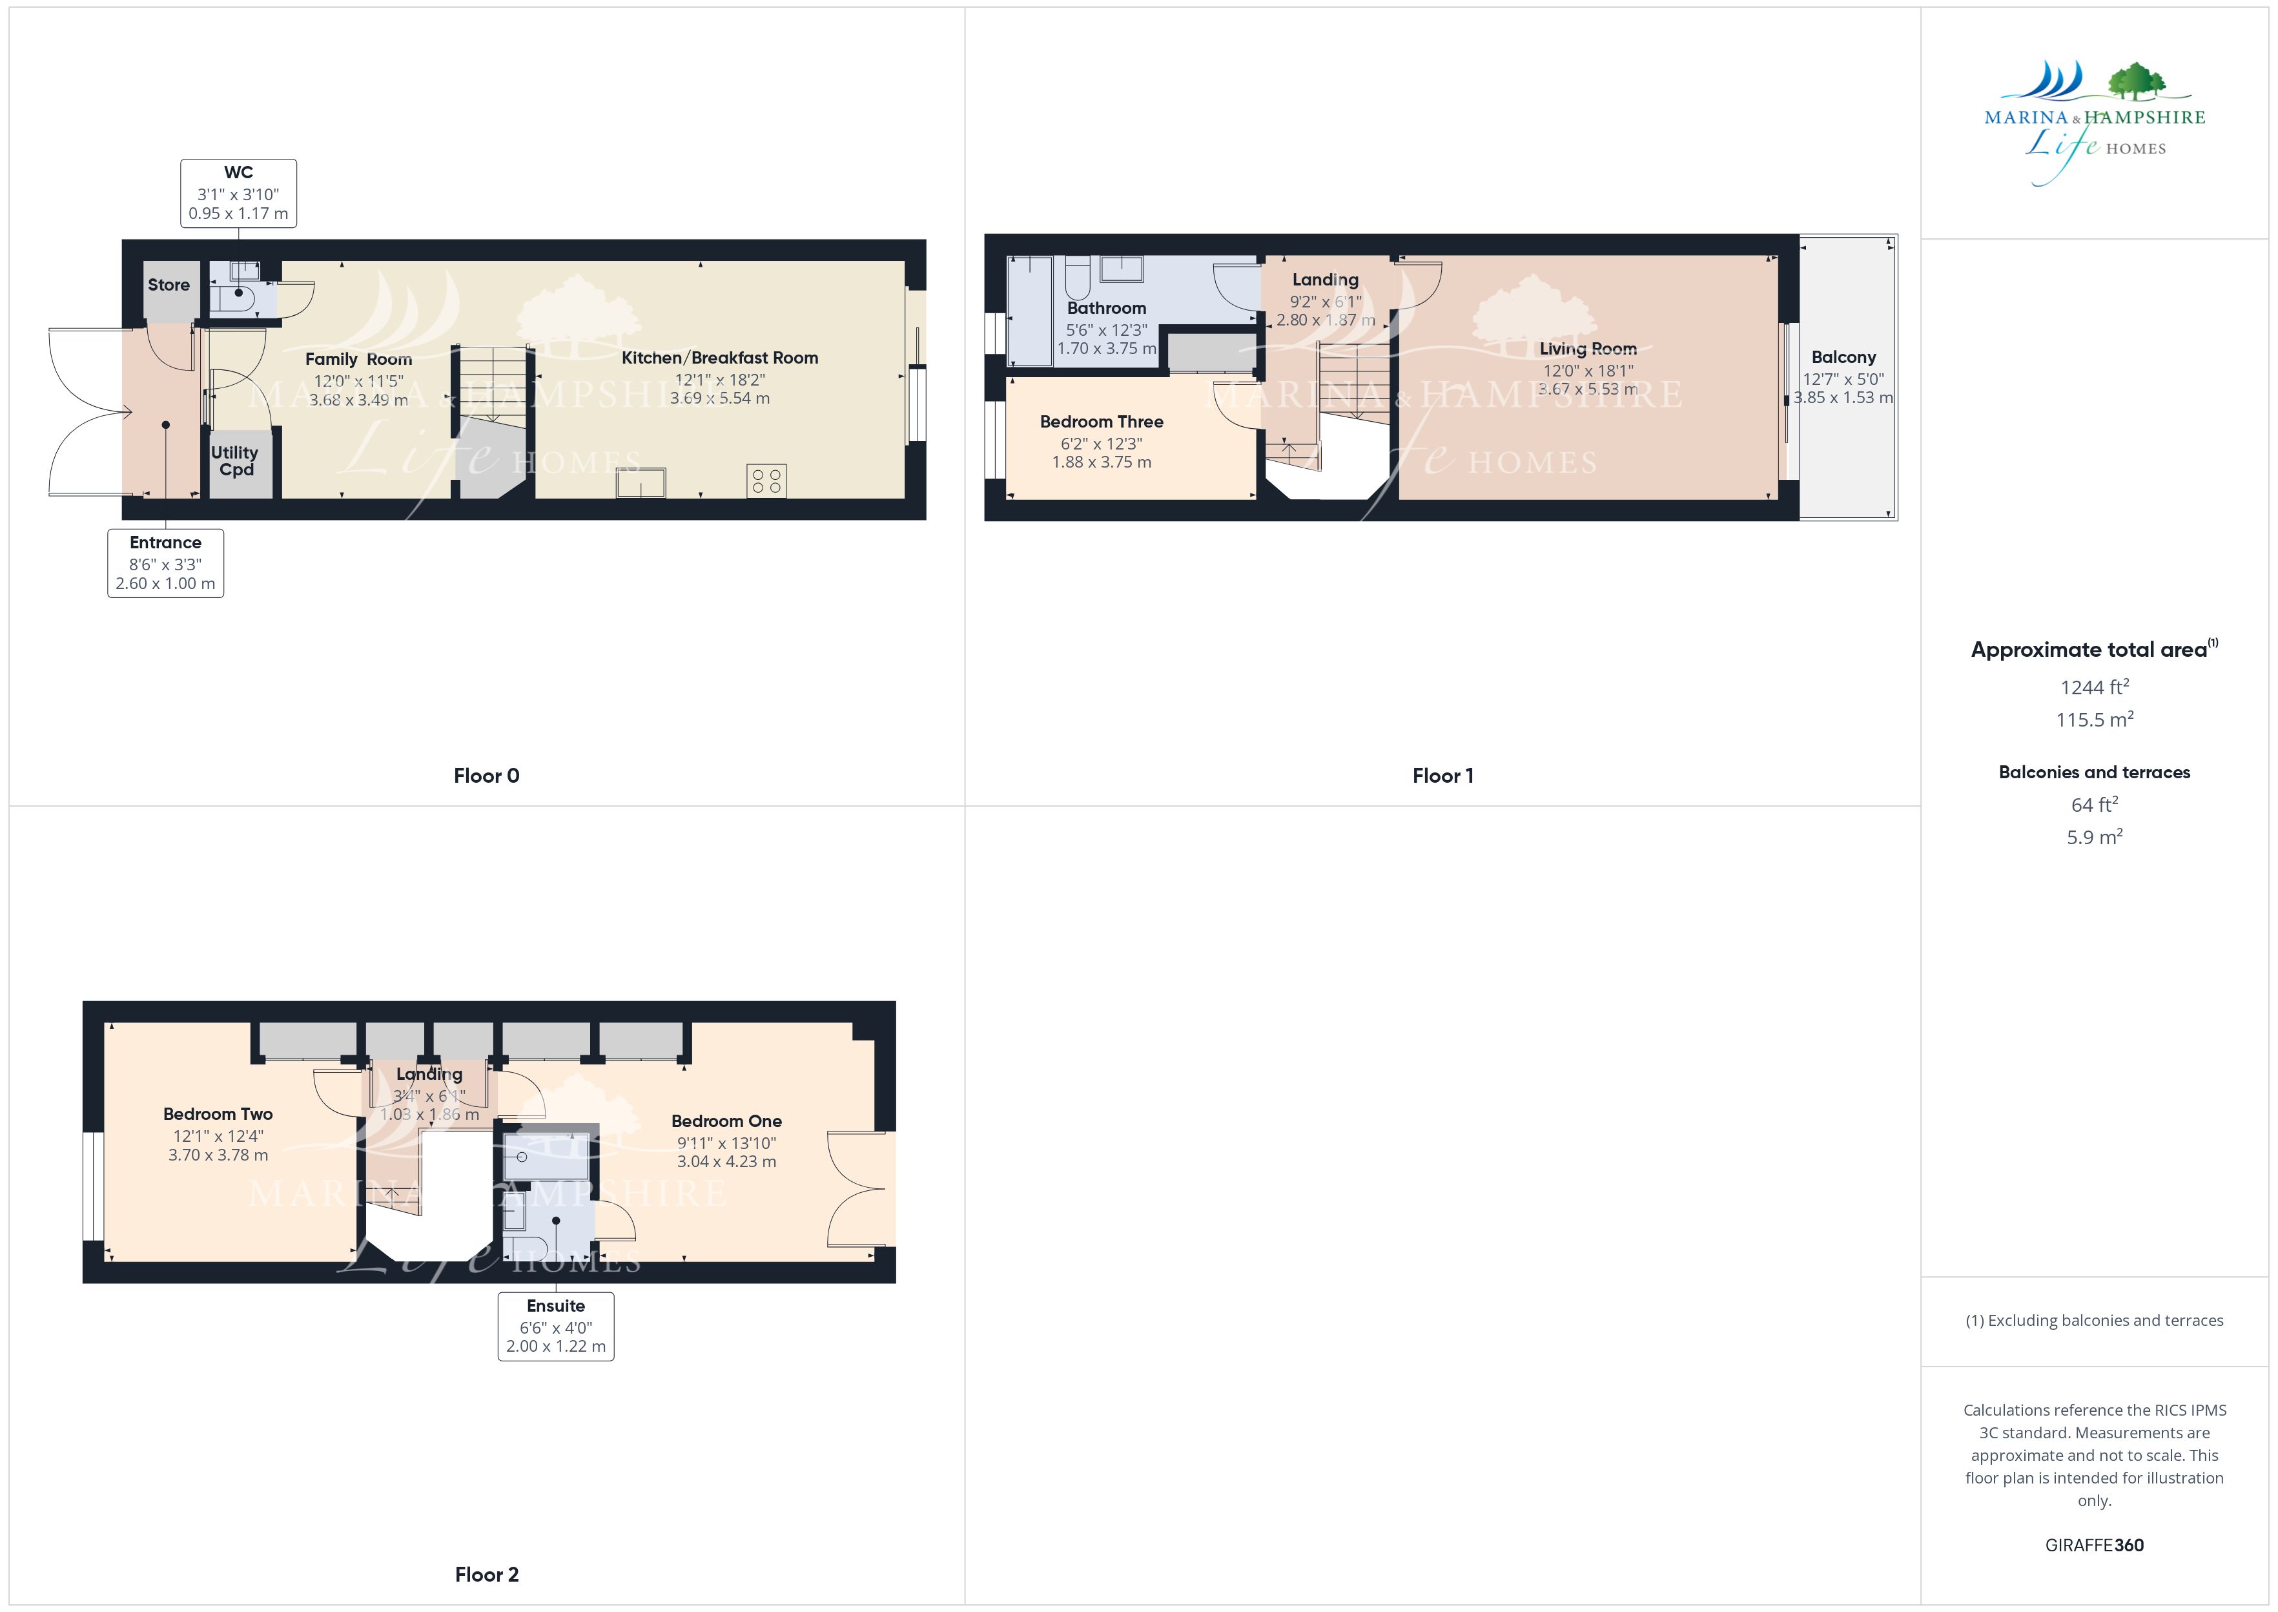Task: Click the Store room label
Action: [x=169, y=285]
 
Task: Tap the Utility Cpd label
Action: [x=235, y=460]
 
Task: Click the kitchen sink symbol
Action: [x=642, y=483]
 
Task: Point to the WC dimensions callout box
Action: [x=238, y=192]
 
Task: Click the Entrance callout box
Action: [x=166, y=563]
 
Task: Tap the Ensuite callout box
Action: [x=555, y=1326]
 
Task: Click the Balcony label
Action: [x=1843, y=357]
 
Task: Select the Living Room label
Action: [x=1588, y=348]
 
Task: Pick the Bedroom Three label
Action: [x=1102, y=422]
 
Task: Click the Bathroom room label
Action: [x=1106, y=309]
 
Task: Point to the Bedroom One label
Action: [x=726, y=1122]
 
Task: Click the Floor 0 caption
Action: [x=486, y=776]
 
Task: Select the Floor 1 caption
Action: [x=1442, y=776]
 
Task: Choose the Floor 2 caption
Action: [x=486, y=1575]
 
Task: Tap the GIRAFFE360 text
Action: [x=2095, y=1545]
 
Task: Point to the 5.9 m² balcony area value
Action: [x=2095, y=837]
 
